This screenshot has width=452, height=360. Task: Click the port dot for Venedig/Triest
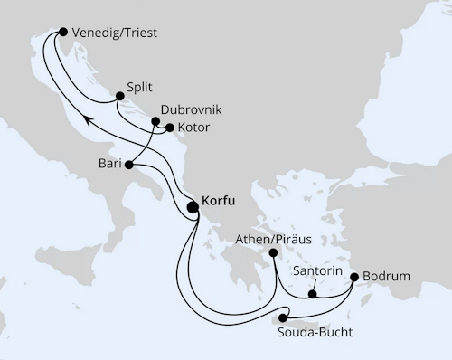click(x=61, y=32)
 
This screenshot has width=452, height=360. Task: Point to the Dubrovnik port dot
click(x=155, y=121)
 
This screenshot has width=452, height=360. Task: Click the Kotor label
click(x=193, y=128)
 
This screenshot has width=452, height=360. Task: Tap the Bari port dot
click(x=129, y=165)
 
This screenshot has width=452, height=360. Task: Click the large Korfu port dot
click(x=193, y=207)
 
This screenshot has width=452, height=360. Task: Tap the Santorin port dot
click(x=312, y=293)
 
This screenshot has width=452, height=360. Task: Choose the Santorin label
click(x=317, y=270)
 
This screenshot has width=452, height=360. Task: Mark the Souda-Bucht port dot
click(x=283, y=317)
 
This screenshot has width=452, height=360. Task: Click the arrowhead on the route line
click(x=80, y=118)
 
